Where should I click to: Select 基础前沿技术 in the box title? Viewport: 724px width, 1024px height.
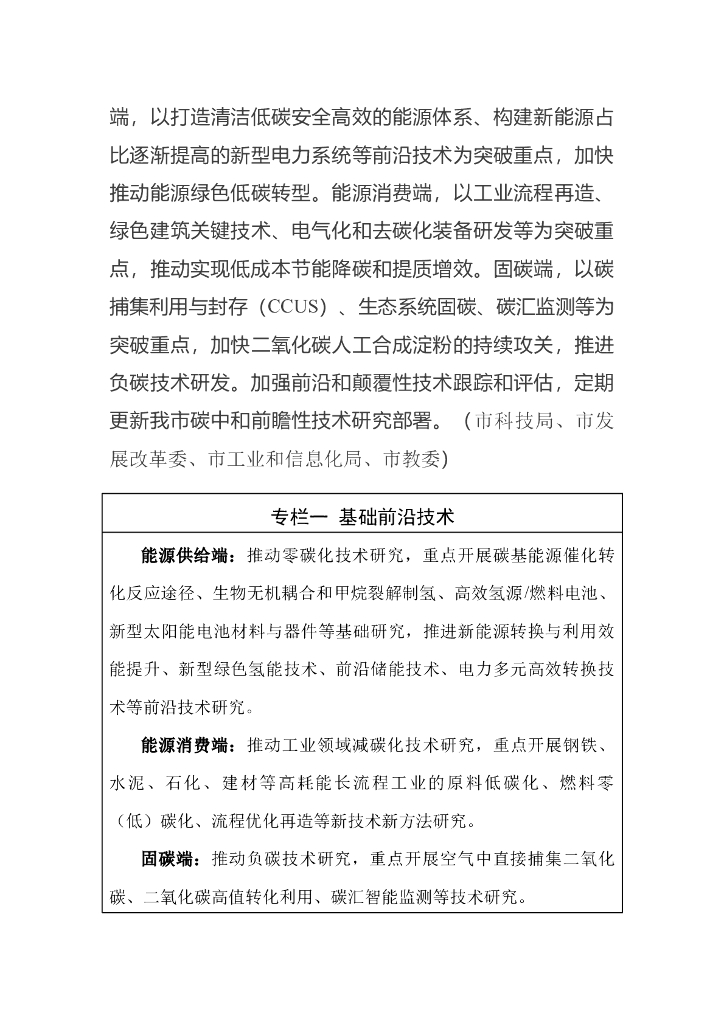(x=397, y=518)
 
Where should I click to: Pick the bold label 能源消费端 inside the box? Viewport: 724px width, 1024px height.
(x=187, y=746)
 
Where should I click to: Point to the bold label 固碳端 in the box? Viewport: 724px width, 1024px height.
(x=167, y=859)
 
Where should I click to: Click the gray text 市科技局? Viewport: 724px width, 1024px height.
(x=513, y=421)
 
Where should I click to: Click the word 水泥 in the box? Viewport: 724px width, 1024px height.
(x=129, y=784)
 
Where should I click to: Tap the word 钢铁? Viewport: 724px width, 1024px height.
(x=594, y=746)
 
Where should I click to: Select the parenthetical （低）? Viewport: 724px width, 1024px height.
(x=130, y=822)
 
